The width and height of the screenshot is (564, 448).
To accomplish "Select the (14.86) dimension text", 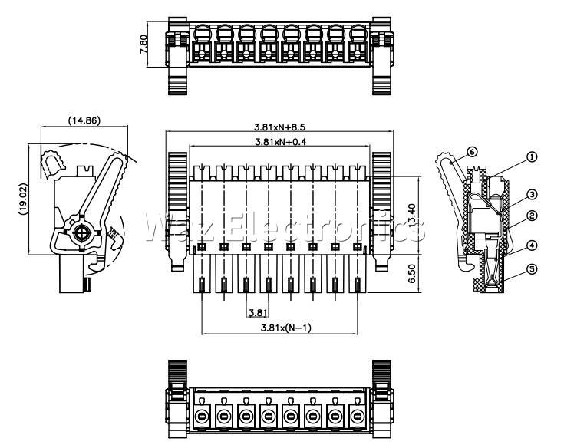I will click(x=84, y=120).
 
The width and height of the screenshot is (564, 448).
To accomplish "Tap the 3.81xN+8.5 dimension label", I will click(x=285, y=127).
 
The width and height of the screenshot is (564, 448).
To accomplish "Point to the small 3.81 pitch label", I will click(x=256, y=311).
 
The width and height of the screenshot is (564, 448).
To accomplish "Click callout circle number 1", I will click(x=532, y=156).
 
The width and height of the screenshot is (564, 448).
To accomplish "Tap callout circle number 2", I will click(x=532, y=216).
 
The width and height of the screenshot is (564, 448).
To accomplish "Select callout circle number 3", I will click(x=532, y=194).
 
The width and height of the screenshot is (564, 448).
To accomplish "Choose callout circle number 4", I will click(x=532, y=246).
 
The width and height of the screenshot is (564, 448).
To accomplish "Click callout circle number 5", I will click(x=532, y=270).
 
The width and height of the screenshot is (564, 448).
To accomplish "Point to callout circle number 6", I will click(x=472, y=152).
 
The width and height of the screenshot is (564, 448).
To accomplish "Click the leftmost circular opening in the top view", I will click(x=203, y=33).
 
